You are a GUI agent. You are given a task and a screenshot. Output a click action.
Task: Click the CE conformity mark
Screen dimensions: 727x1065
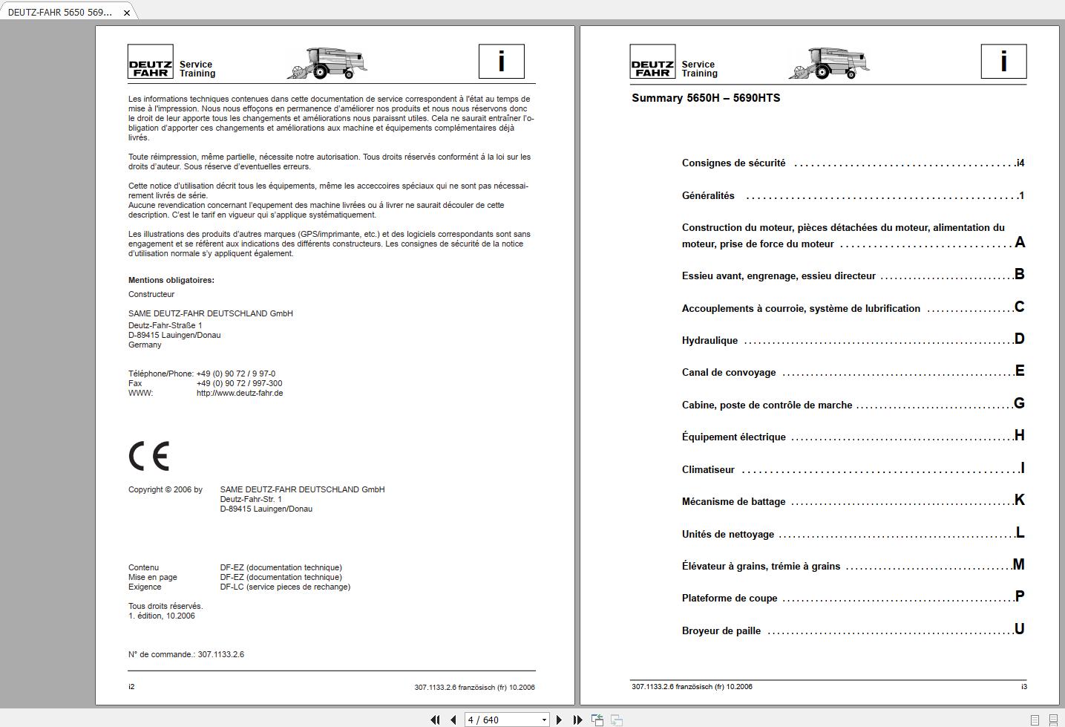pos(149,456)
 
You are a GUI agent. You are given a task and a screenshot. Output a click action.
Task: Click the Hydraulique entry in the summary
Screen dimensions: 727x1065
pos(710,341)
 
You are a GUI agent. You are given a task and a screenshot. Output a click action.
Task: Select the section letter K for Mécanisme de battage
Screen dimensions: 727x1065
pos(1019,500)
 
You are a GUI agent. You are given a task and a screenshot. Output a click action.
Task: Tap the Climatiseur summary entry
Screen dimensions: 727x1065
pos(708,470)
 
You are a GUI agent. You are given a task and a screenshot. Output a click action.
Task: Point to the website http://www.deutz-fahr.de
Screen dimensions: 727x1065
pos(239,394)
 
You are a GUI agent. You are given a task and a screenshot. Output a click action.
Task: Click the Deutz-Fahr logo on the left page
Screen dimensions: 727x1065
pos(151,62)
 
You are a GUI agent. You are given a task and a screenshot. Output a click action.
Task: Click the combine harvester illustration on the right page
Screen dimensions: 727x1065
pos(829,63)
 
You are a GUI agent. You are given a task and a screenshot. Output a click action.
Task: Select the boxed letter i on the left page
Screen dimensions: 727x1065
pos(501,62)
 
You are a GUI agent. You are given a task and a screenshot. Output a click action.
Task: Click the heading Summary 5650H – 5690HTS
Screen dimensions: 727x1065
pos(706,98)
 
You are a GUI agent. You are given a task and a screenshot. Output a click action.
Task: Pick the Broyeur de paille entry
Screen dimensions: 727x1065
pos(721,631)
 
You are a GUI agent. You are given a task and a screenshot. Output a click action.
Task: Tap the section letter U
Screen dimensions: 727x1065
pos(1019,629)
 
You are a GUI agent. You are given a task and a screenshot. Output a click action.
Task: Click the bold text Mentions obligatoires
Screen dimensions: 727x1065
pos(171,281)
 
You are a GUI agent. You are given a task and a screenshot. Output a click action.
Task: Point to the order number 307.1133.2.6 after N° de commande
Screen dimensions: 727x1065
pos(220,655)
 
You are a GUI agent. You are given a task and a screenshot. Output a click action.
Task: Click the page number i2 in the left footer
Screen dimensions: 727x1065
pos(131,687)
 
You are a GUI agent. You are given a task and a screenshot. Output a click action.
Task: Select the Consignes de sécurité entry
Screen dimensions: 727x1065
pos(733,163)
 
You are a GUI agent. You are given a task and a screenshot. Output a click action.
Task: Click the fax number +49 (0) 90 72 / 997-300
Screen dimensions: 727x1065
pos(239,384)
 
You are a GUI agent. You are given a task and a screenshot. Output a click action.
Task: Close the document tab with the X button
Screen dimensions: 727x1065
pos(127,13)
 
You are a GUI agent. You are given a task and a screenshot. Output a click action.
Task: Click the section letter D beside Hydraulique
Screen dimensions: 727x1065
pos(1019,339)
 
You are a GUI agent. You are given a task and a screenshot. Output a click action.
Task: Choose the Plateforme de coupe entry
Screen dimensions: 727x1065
pos(730,599)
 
